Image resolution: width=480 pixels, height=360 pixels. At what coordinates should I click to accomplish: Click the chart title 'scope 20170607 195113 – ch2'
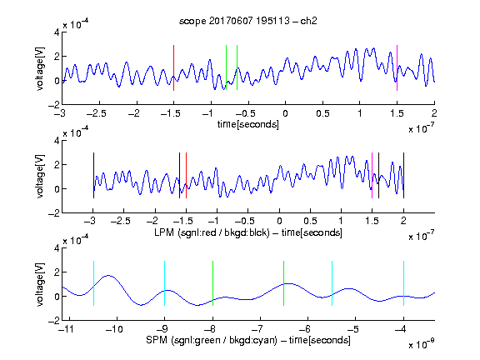click(x=248, y=21)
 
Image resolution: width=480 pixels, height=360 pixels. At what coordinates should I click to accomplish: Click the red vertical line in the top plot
click(x=173, y=67)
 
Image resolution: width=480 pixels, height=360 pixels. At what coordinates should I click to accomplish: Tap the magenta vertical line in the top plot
click(x=397, y=67)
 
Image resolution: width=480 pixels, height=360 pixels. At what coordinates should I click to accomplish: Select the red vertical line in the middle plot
click(x=186, y=175)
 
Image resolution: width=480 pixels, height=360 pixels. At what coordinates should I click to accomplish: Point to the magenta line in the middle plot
click(x=372, y=175)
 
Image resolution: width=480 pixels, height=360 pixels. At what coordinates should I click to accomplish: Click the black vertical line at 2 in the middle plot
click(x=403, y=175)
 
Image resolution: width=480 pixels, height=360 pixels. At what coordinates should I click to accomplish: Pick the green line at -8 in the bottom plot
click(x=212, y=283)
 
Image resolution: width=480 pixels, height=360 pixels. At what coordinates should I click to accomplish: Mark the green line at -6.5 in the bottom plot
click(x=284, y=283)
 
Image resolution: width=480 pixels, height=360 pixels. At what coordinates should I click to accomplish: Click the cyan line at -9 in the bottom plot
click(x=164, y=283)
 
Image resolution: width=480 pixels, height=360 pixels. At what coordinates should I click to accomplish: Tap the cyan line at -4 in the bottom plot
click(x=403, y=283)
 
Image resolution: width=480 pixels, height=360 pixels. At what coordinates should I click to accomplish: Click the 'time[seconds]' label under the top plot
click(x=248, y=124)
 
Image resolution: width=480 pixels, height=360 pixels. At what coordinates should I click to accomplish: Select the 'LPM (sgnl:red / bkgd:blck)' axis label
click(x=212, y=232)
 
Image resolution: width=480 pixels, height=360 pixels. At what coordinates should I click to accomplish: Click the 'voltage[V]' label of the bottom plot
click(x=40, y=284)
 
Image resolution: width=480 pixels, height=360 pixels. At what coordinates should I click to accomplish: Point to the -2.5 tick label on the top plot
click(x=97, y=113)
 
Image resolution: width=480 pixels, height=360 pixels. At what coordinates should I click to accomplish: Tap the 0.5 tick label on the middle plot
click(x=310, y=221)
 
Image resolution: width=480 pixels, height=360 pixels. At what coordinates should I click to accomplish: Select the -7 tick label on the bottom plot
click(x=257, y=329)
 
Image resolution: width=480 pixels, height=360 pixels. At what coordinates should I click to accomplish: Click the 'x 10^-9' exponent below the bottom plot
click(x=421, y=344)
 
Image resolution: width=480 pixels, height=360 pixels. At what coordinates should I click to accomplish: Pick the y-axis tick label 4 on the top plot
click(x=57, y=32)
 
